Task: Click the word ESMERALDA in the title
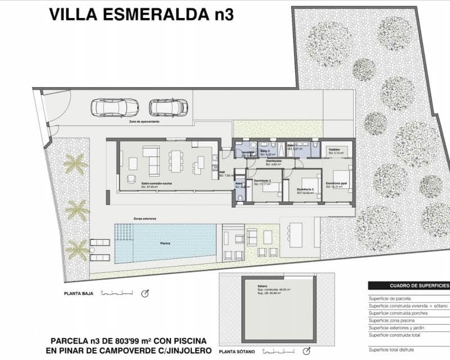[x=147, y=14]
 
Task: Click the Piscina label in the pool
[x=165, y=243]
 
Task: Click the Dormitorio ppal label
[x=335, y=184]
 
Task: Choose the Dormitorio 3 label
[x=262, y=181]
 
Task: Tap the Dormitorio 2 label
[x=305, y=189]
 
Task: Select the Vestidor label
[x=335, y=149]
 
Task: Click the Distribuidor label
[x=273, y=161]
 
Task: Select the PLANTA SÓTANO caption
[x=236, y=352]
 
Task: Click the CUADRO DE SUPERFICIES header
[x=409, y=286]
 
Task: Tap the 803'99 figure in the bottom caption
[x=134, y=341]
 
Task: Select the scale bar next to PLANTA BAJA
[x=117, y=293]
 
